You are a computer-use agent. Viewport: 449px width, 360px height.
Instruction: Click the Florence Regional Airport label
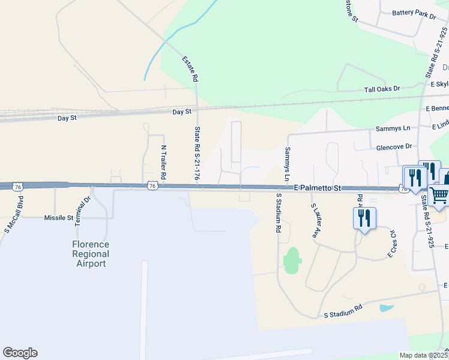pyautogui.click(x=91, y=254)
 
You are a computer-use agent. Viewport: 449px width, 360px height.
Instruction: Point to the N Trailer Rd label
pyautogui.click(x=163, y=163)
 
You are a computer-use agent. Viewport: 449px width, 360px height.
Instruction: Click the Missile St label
pyautogui.click(x=58, y=218)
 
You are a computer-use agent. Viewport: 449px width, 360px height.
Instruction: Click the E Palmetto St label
pyautogui.click(x=317, y=188)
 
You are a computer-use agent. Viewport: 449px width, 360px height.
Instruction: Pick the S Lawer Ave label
pyautogui.click(x=314, y=221)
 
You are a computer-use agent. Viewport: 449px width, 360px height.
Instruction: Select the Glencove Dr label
pyautogui.click(x=394, y=146)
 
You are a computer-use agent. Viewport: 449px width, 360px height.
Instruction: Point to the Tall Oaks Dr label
pyautogui.click(x=382, y=89)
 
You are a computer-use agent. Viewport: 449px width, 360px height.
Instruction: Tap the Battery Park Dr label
pyautogui.click(x=414, y=14)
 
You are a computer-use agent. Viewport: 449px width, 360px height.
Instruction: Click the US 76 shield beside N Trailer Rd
pyautogui.click(x=153, y=187)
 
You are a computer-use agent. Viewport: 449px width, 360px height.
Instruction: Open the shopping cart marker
pyautogui.click(x=439, y=195)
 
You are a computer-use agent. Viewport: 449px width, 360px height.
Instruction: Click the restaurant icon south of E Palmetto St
pyautogui.click(x=364, y=217)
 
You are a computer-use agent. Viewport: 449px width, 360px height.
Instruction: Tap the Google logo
pyautogui.click(x=20, y=353)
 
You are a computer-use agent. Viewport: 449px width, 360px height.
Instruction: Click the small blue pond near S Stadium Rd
pyautogui.click(x=387, y=308)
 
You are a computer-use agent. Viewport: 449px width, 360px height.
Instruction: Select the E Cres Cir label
pyautogui.click(x=392, y=242)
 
